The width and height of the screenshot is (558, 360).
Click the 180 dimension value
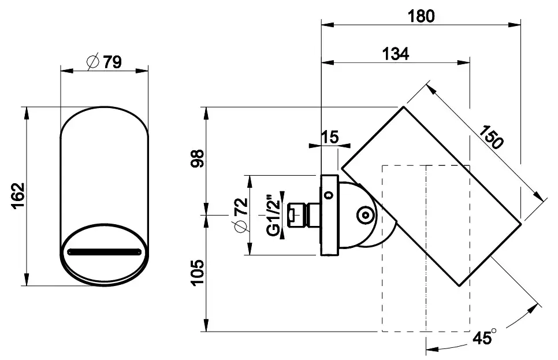click(x=421, y=16)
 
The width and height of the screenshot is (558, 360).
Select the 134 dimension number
click(x=395, y=54)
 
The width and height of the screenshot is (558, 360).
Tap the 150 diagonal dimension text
click(x=491, y=137)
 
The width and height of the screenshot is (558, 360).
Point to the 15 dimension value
click(x=330, y=137)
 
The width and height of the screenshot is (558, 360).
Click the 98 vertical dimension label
click(x=198, y=159)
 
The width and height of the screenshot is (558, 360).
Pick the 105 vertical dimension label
click(x=198, y=272)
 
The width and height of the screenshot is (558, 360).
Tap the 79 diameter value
click(x=113, y=62)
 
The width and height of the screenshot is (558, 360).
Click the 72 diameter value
click(x=241, y=206)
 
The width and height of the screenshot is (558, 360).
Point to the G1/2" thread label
click(x=273, y=215)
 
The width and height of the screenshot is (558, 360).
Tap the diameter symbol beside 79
click(x=93, y=62)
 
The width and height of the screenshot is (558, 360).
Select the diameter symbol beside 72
click(x=241, y=227)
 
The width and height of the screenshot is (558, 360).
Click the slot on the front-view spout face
click(x=105, y=252)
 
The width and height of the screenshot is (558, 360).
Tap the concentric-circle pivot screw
click(x=365, y=215)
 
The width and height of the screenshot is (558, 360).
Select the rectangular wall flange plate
click(x=329, y=215)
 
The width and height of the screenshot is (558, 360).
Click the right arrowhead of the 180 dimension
click(x=515, y=25)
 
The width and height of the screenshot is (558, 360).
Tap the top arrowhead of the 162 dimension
click(x=27, y=113)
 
